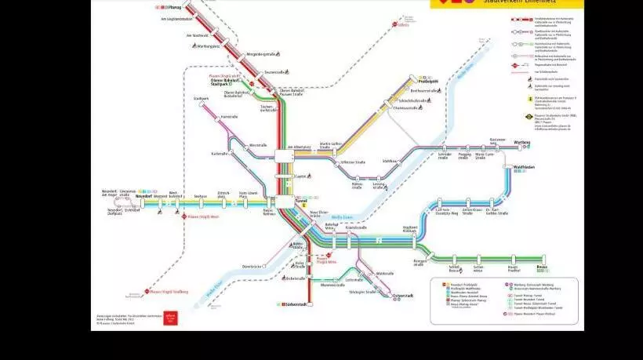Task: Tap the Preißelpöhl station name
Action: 427,80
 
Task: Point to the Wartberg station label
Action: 521,142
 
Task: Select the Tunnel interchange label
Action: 301,201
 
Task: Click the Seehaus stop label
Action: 200,196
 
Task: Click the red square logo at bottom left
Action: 171,318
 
